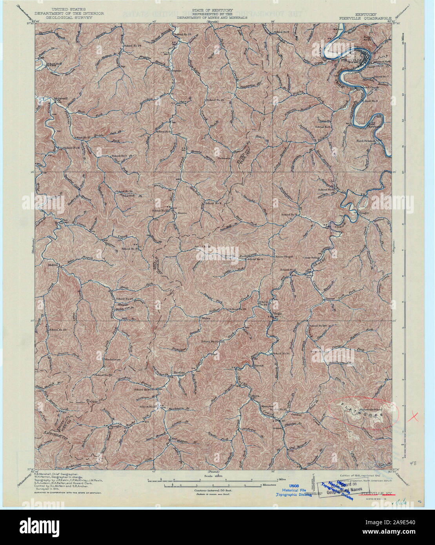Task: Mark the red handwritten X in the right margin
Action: click(x=412, y=417)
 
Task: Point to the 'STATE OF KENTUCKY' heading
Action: click(x=212, y=10)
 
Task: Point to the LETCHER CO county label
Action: click(x=47, y=436)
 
